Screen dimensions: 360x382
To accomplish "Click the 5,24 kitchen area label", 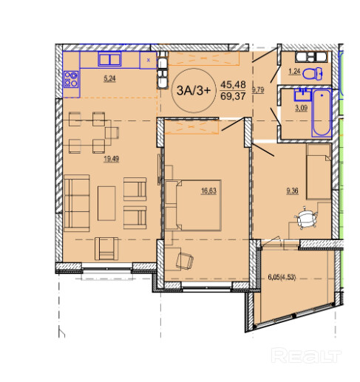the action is click(109, 78).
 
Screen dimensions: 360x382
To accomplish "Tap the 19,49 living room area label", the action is click(112, 159).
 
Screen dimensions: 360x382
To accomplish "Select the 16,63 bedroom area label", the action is click(208, 191).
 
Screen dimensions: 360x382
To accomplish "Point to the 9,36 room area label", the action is click(292, 191).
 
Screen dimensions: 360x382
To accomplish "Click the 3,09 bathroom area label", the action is click(301, 108).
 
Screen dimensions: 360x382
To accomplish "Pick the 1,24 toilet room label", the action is click(294, 72).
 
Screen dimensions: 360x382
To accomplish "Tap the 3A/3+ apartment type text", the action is click(194, 91).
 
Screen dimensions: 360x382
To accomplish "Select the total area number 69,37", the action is click(233, 96).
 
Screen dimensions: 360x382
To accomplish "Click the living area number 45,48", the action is click(233, 84).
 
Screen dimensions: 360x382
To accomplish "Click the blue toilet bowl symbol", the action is click(313, 73).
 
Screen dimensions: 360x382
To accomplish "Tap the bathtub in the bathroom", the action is click(322, 113).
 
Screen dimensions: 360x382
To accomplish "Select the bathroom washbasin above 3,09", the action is click(302, 95).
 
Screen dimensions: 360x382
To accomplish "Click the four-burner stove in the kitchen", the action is click(71, 79).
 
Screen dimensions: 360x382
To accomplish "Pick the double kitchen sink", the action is click(109, 59).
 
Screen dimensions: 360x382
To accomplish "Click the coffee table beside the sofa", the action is click(106, 203).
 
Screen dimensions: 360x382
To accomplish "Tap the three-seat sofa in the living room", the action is click(77, 203).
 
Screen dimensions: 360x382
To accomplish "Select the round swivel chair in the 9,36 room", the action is click(306, 218).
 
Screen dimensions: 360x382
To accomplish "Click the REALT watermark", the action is click(306, 355).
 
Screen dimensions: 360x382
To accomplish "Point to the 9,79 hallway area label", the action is click(258, 89).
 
